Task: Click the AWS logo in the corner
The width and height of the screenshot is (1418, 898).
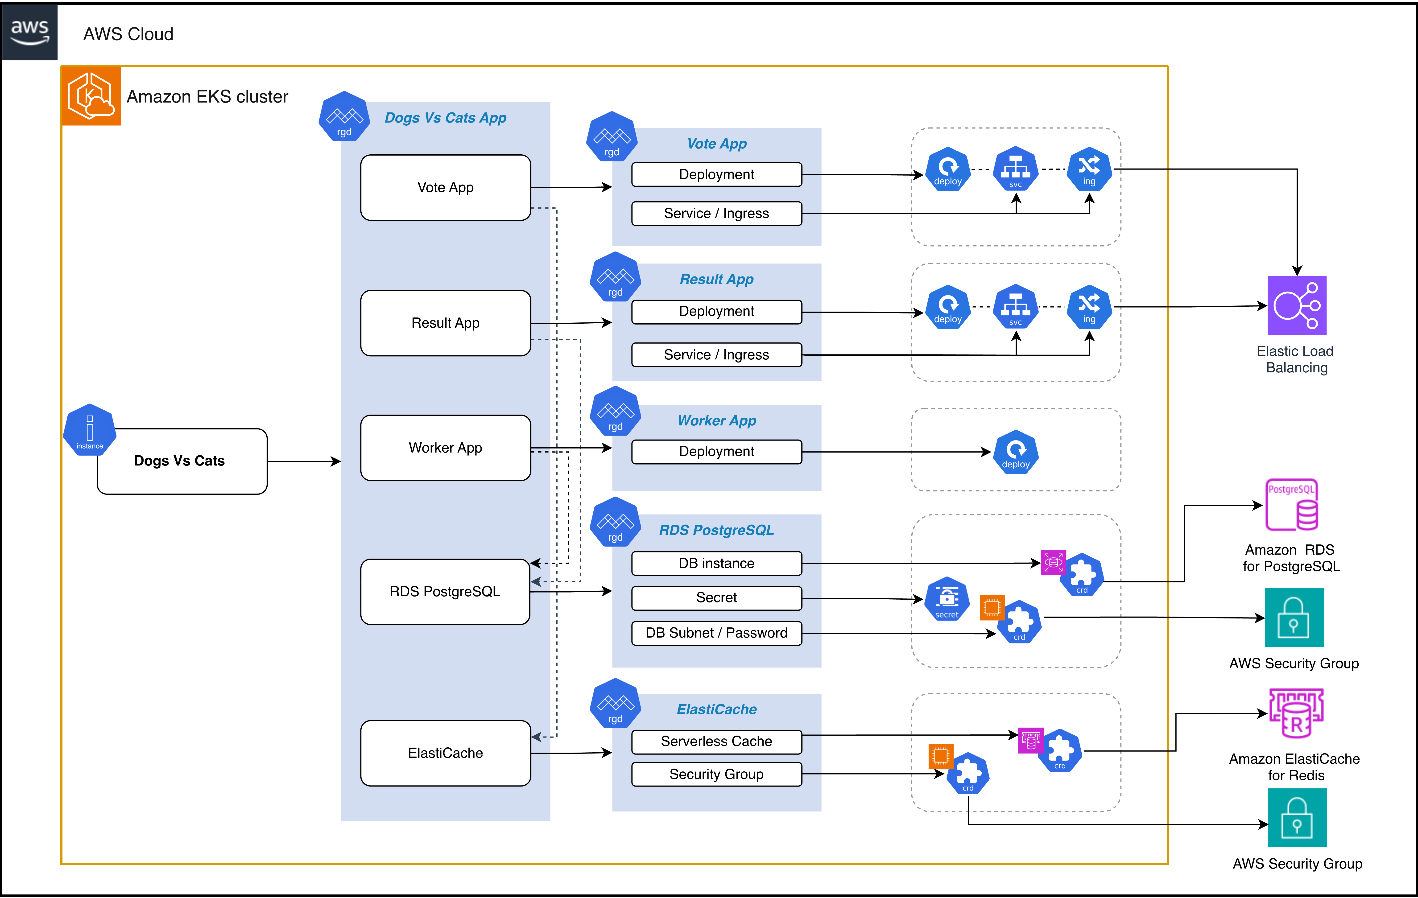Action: click(x=29, y=32)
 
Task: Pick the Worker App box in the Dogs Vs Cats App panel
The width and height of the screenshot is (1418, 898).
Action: click(x=445, y=448)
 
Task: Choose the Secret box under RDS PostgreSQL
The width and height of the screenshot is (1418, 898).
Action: click(x=716, y=598)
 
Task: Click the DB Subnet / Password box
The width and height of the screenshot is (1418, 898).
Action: click(x=716, y=633)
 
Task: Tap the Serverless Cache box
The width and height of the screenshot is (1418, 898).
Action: click(x=716, y=741)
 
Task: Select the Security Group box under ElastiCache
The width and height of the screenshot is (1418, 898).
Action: click(x=716, y=774)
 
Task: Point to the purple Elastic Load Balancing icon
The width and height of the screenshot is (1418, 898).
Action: click(x=1297, y=306)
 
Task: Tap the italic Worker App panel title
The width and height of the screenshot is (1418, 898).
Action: click(x=717, y=420)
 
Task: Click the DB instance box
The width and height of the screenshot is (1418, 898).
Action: click(x=716, y=564)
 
